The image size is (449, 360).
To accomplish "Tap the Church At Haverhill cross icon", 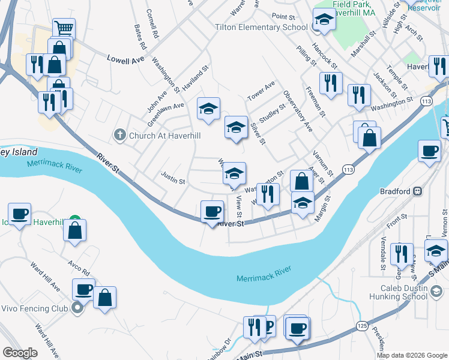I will pyautogui.click(x=120, y=135).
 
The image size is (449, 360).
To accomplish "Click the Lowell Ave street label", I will pyautogui.click(x=127, y=59).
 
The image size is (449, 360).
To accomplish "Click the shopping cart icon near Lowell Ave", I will pyautogui.click(x=64, y=28).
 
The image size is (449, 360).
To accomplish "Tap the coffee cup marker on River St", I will pyautogui.click(x=212, y=212).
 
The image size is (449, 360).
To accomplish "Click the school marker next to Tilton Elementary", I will pyautogui.click(x=324, y=20).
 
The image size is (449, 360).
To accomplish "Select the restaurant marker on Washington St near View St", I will pyautogui.click(x=268, y=194).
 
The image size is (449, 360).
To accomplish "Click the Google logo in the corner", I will pyautogui.click(x=20, y=353).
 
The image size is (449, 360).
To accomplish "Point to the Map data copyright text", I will pyautogui.click(x=412, y=355).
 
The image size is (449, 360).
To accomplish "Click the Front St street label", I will pyautogui.click(x=397, y=218).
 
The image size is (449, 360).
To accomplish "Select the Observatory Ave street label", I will pyautogui.click(x=298, y=112).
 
